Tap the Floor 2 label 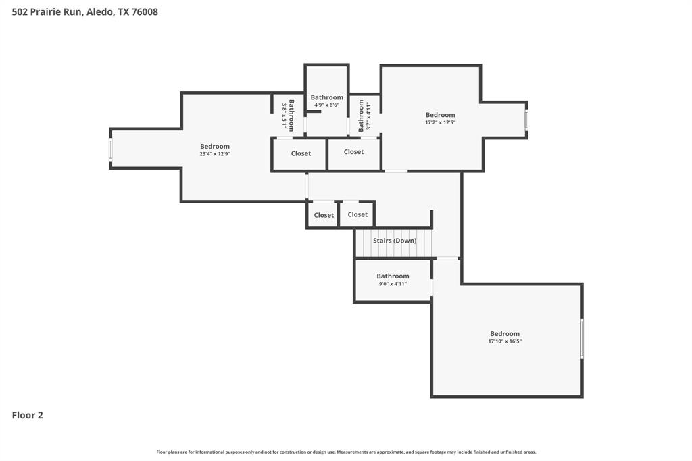[28, 415]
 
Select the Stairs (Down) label [395, 241]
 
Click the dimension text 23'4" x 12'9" [215, 154]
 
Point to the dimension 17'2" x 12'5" [440, 122]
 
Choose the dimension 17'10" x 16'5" [505, 341]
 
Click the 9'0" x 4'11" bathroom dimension [393, 284]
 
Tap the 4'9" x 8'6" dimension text [326, 105]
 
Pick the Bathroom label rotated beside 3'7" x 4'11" [361, 116]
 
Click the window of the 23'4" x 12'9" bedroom [111, 149]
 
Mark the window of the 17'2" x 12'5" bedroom [526, 120]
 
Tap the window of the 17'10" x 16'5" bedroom [582, 339]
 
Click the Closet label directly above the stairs [357, 214]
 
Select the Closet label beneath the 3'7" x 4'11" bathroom [353, 152]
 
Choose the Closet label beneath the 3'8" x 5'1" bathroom [301, 153]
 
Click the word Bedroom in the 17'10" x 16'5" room [505, 333]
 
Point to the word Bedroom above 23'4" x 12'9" [215, 146]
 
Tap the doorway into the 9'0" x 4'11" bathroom [432, 287]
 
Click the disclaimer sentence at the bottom [346, 452]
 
